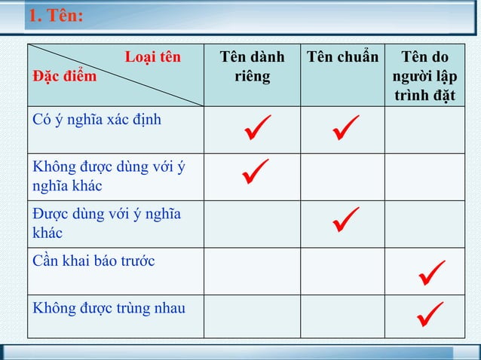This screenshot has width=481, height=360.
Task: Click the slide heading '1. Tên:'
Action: pos(54,17)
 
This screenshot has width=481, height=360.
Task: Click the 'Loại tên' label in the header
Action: pos(153,57)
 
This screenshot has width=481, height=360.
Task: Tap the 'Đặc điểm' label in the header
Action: pos(64,76)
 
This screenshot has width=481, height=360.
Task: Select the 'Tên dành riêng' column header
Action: pos(252,66)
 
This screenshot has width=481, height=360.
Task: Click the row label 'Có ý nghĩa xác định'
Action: pos(97,119)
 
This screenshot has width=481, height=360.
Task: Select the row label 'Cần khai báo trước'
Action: pos(94,261)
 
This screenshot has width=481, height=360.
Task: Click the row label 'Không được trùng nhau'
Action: pos(109,308)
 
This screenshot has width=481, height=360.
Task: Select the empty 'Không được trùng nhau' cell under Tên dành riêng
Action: pos(252,316)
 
